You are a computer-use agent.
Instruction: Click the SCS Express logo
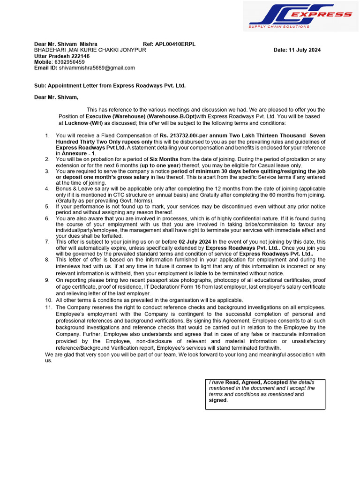coord(300,16)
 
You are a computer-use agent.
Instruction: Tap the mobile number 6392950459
coord(69,62)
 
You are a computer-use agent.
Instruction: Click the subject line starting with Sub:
coord(110,86)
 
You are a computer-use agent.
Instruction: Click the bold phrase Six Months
coord(164,159)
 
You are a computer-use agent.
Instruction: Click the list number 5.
coord(47,206)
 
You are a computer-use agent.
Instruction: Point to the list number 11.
coord(49,307)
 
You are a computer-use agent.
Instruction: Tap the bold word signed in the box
coord(218,400)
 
